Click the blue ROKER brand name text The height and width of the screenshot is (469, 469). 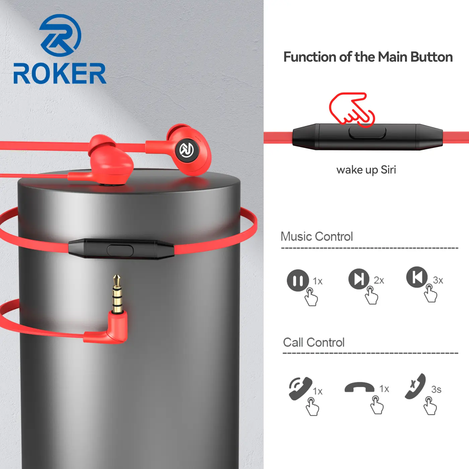(x=60, y=73)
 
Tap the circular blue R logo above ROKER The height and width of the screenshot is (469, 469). (x=60, y=35)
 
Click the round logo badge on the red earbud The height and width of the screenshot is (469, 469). (x=187, y=150)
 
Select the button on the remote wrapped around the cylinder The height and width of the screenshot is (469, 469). (x=120, y=251)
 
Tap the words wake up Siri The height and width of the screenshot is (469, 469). (x=366, y=170)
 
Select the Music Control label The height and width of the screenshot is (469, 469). (x=317, y=236)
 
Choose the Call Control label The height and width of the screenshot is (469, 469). (x=314, y=342)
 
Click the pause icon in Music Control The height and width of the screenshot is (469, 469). (x=298, y=280)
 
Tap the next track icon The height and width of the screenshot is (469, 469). (x=359, y=279)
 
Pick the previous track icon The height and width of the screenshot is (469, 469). (x=417, y=277)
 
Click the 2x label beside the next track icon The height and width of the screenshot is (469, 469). (x=379, y=280)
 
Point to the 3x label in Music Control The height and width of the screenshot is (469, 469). (x=438, y=280)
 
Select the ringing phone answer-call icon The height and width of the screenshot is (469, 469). (x=300, y=389)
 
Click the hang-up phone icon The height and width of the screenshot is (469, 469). (x=359, y=387)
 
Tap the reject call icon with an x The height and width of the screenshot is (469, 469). (x=415, y=387)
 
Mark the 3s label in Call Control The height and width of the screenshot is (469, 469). (x=436, y=390)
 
